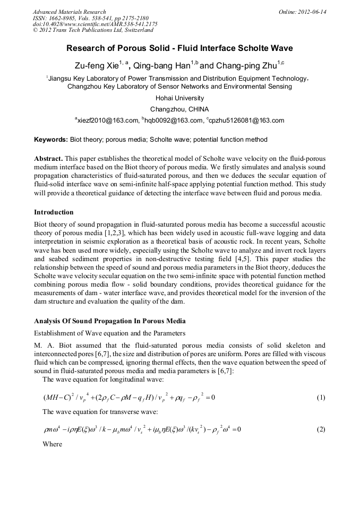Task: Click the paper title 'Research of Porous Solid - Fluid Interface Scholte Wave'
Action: (x=179, y=48)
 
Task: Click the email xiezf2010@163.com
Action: (x=107, y=120)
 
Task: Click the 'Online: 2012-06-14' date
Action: (x=303, y=12)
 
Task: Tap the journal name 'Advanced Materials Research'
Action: (x=69, y=12)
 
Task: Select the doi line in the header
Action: (x=95, y=24)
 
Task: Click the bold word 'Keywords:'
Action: (x=51, y=140)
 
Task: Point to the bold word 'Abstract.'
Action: (x=48, y=159)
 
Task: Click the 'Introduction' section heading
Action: (x=54, y=212)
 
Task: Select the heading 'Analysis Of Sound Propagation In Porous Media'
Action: (x=110, y=321)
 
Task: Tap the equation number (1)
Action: (x=321, y=398)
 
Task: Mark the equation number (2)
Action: (x=321, y=429)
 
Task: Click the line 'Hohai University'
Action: (x=179, y=98)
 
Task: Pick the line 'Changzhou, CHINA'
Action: (x=179, y=109)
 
